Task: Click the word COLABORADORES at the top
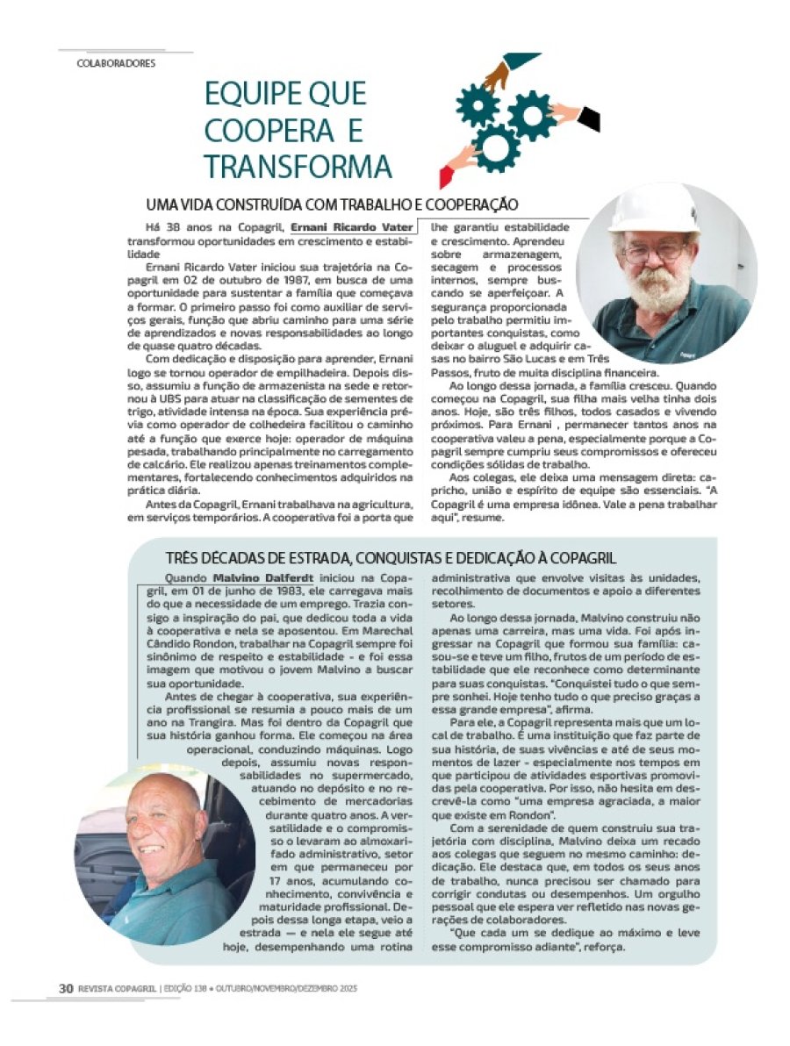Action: click(116, 63)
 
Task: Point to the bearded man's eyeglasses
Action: click(655, 252)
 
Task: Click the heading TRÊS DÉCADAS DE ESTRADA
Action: click(391, 558)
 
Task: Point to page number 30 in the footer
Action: click(65, 988)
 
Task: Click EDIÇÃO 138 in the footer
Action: click(186, 988)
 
